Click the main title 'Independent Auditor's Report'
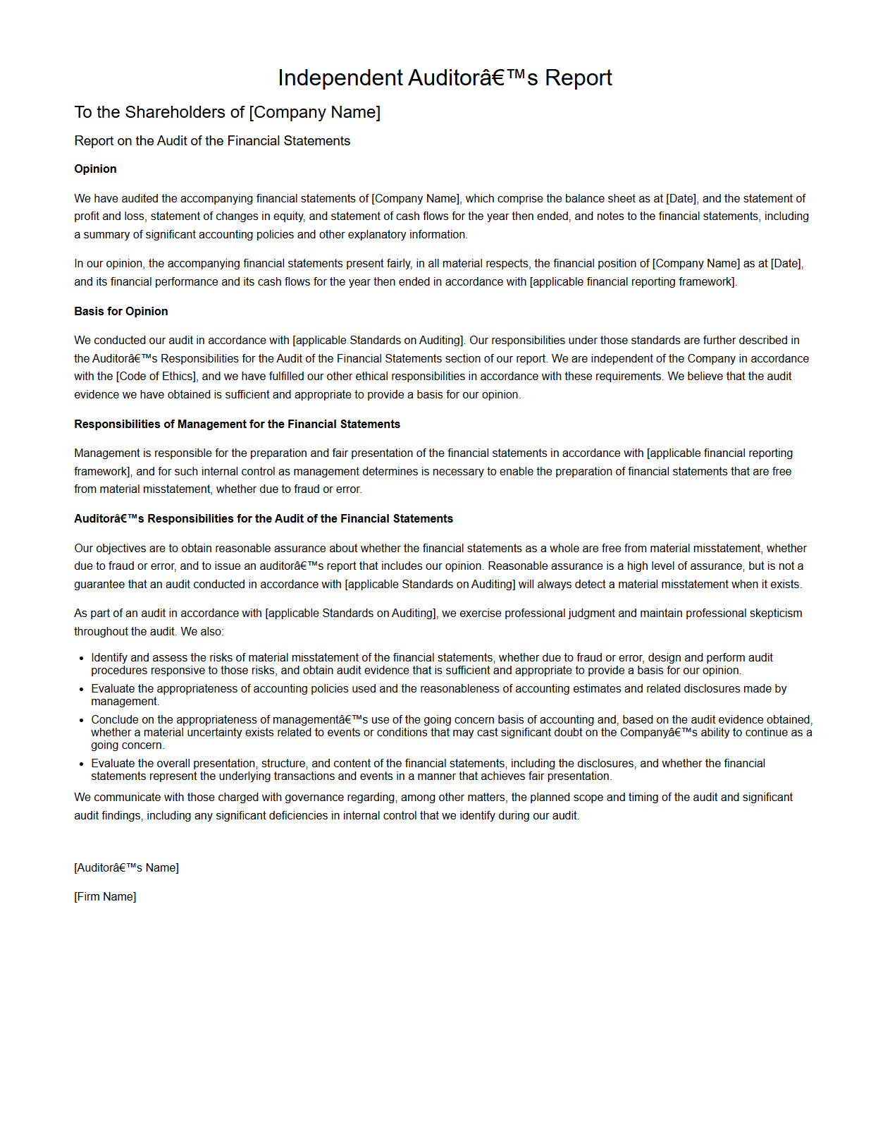coord(445,78)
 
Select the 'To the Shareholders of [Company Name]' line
coord(227,112)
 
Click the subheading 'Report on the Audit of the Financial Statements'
coord(212,141)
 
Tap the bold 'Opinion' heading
coord(95,169)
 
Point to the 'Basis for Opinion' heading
coord(121,312)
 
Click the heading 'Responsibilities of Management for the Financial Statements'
coord(237,425)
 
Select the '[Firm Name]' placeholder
coord(105,897)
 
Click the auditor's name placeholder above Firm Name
coord(126,868)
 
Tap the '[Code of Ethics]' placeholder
coord(156,377)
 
